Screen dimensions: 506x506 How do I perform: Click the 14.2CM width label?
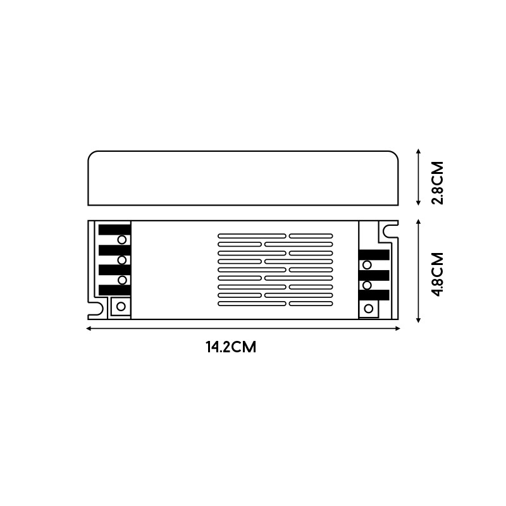click(x=230, y=347)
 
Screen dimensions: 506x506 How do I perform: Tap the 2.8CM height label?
click(x=437, y=182)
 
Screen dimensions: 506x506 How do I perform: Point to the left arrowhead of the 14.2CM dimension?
click(x=89, y=328)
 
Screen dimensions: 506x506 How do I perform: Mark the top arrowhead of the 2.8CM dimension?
click(x=418, y=152)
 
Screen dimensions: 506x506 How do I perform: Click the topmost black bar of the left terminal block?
click(x=114, y=230)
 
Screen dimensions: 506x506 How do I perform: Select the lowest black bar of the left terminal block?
click(x=114, y=290)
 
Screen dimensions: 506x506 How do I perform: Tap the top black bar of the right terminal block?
click(x=374, y=255)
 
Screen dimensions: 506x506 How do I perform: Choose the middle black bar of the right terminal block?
click(x=374, y=275)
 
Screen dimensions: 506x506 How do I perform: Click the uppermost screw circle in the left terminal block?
click(x=122, y=240)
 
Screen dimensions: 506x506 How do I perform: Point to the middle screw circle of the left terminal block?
click(x=122, y=260)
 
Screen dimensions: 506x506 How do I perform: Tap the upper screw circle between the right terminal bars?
click(x=367, y=265)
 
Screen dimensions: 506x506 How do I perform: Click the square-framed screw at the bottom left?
click(x=120, y=307)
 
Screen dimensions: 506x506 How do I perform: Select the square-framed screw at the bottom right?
click(x=368, y=308)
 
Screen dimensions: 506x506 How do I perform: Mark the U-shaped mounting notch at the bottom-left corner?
click(x=97, y=309)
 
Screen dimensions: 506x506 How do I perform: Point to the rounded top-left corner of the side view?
click(x=92, y=155)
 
